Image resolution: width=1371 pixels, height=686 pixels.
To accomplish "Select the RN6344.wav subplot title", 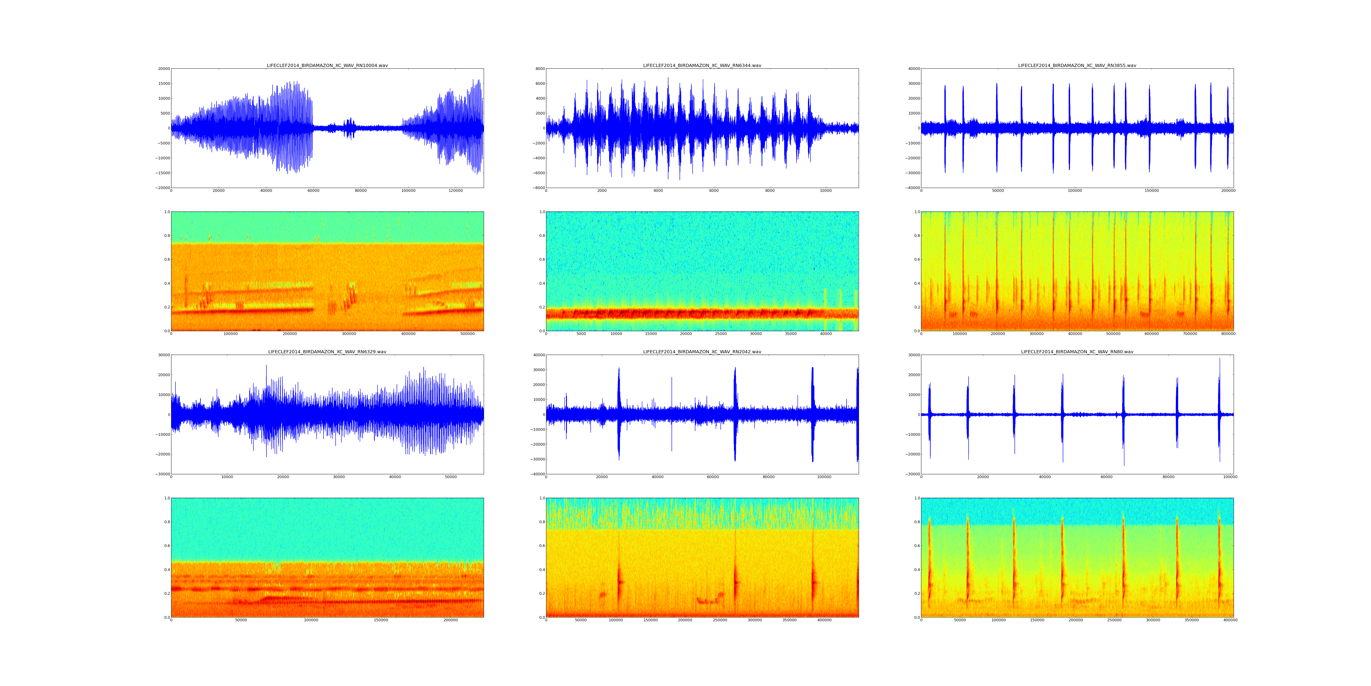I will tap(702, 65).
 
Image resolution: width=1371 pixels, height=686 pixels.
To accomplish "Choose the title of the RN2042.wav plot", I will tap(702, 352).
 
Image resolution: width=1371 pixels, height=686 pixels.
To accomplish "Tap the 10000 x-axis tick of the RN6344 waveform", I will tap(826, 191).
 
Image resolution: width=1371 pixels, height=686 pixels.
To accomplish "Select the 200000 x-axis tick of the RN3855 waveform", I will tap(1228, 191).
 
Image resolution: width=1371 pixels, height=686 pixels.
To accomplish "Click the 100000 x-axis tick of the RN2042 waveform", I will tap(824, 477).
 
